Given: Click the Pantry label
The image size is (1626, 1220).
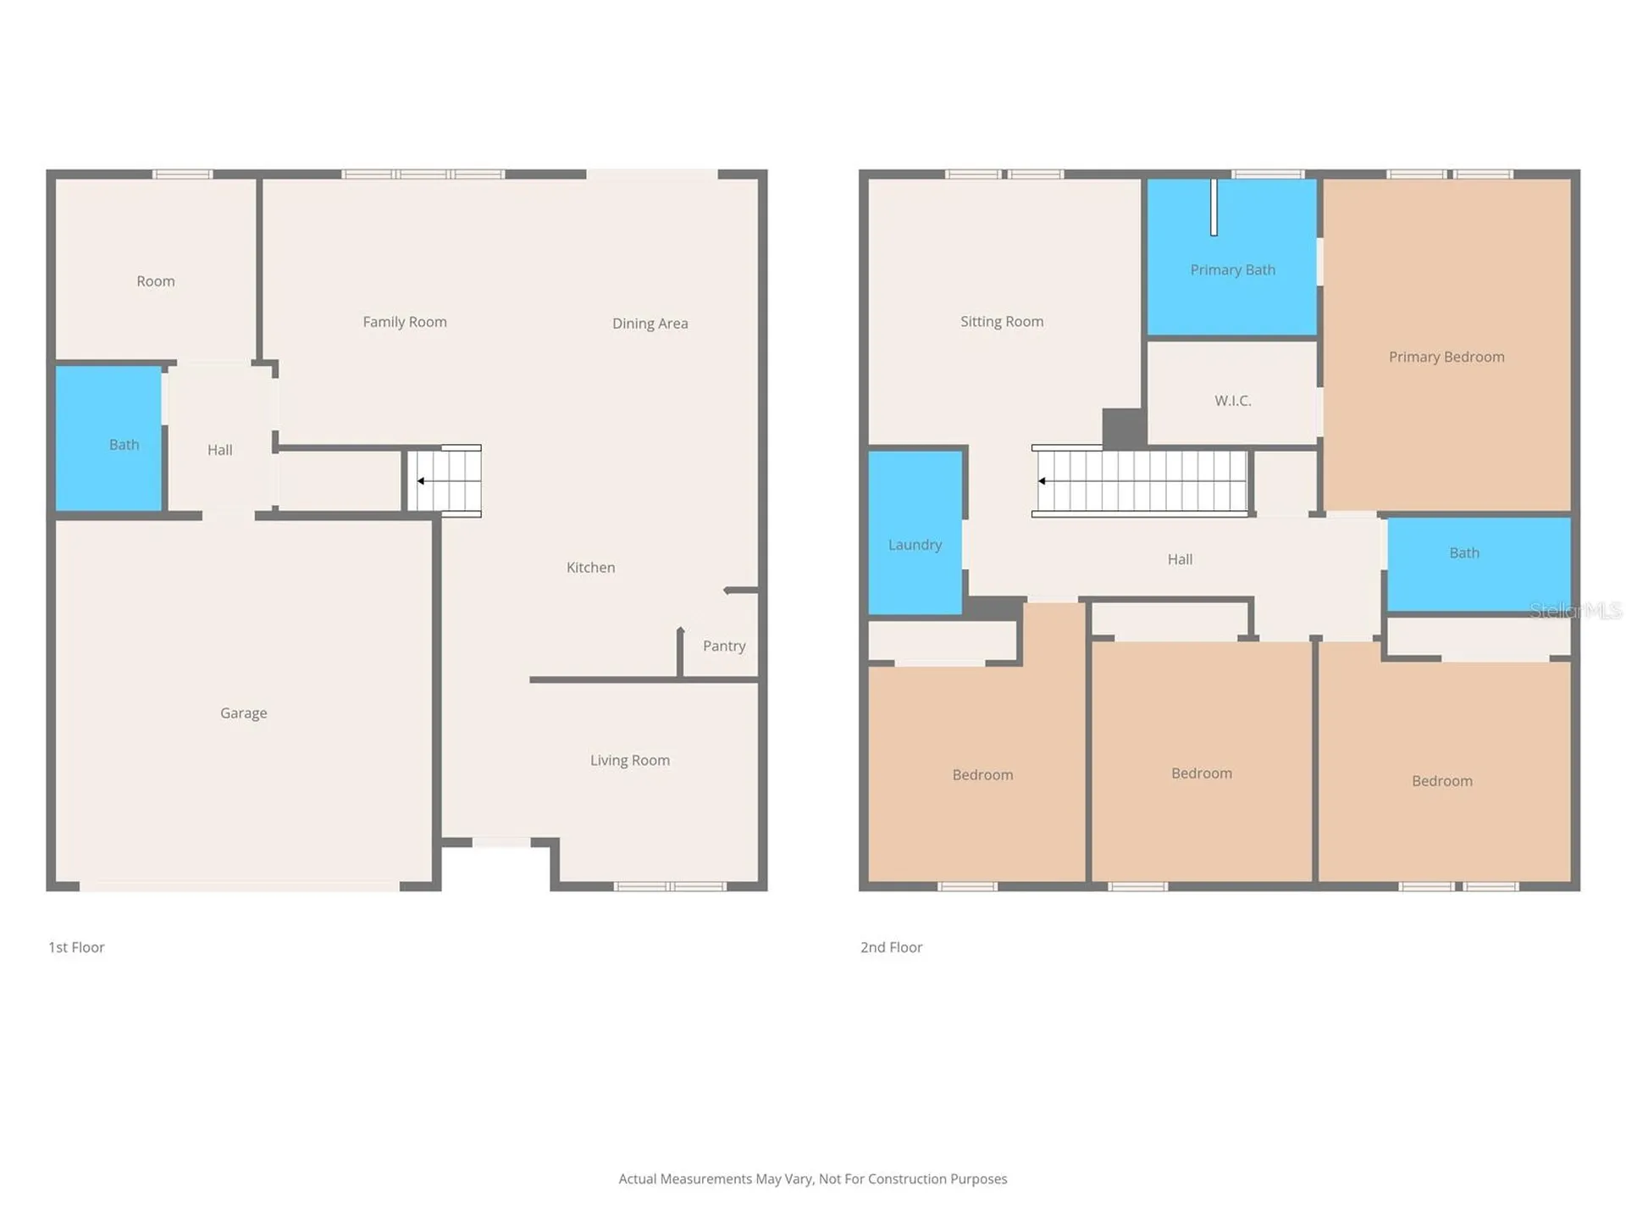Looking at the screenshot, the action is [x=724, y=646].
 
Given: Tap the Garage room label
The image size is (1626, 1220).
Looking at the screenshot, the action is [x=244, y=713].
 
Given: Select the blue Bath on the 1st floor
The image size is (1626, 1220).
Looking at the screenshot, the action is [x=108, y=439].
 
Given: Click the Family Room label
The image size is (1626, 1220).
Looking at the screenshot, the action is [x=405, y=322].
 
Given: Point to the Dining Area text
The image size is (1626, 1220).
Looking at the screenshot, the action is [x=650, y=324].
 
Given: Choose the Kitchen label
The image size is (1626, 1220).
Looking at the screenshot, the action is [x=591, y=568].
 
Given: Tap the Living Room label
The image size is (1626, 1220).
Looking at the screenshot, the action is [x=630, y=761].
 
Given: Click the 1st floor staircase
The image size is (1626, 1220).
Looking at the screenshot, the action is [x=445, y=480].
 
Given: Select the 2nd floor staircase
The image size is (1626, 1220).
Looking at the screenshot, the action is [x=1140, y=480].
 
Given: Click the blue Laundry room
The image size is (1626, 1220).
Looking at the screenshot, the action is [x=915, y=532].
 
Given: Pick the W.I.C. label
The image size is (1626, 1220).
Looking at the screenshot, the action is [x=1233, y=401].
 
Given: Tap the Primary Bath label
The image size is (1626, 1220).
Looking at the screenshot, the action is [x=1233, y=270].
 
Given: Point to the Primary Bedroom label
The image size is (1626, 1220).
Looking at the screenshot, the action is [x=1446, y=358].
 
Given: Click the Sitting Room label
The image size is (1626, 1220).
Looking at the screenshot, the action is [x=1002, y=322].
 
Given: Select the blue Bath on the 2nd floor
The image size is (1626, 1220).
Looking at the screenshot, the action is [x=1479, y=564].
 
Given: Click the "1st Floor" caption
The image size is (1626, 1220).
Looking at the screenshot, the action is [x=76, y=947].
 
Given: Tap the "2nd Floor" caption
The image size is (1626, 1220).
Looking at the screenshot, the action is [x=891, y=947].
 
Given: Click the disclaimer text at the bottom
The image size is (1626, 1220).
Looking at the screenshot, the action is [x=813, y=1179].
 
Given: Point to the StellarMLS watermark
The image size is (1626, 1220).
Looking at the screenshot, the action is [x=1575, y=610].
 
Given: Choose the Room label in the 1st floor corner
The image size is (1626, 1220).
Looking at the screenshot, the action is [x=156, y=281].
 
